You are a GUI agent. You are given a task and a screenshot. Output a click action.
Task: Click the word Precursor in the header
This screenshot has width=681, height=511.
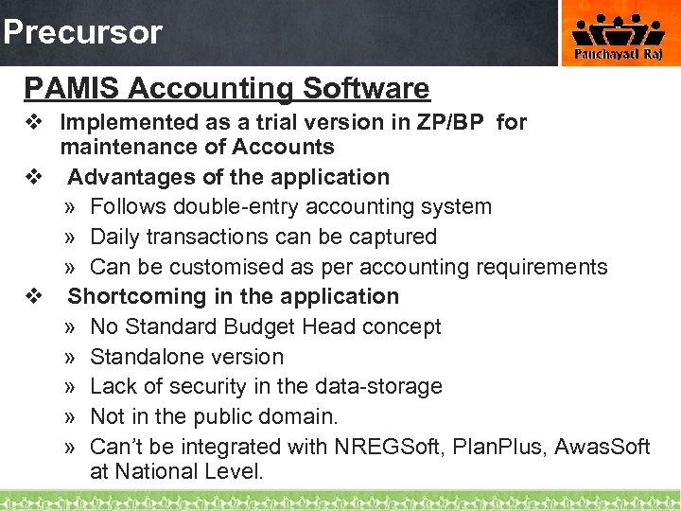82,32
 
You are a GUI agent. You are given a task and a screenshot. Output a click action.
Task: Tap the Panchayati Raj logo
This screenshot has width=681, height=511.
620,36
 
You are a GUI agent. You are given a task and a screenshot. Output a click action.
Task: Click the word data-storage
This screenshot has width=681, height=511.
377,386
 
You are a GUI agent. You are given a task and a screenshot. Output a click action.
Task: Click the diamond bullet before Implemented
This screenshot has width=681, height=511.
35,122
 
